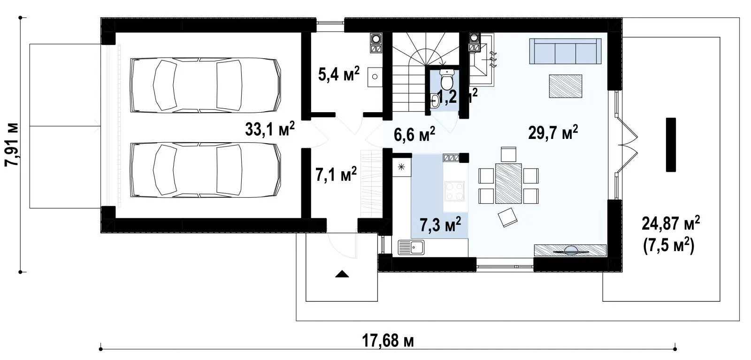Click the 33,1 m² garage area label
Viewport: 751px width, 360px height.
[270, 129]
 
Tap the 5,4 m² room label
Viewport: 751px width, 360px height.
[338, 74]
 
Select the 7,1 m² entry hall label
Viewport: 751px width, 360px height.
[336, 174]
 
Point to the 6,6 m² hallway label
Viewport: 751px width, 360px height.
[414, 134]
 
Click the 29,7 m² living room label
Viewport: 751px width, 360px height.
[553, 132]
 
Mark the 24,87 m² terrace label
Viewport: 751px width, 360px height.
[671, 223]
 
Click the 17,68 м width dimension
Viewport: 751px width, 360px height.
[388, 341]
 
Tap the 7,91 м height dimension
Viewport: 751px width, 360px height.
[12, 145]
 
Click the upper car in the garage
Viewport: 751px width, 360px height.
[206, 85]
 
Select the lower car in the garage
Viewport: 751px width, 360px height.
[206, 170]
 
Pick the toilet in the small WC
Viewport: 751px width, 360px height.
[446, 79]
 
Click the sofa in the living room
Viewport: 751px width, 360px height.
[565, 51]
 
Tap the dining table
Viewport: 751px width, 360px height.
[508, 184]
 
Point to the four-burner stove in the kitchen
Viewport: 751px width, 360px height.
[454, 191]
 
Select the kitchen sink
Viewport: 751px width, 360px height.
[411, 247]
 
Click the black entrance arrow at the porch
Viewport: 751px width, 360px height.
[342, 274]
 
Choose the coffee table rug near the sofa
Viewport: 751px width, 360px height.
[565, 86]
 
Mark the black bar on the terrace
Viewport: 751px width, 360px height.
[671, 145]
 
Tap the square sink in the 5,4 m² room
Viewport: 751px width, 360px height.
[375, 77]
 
